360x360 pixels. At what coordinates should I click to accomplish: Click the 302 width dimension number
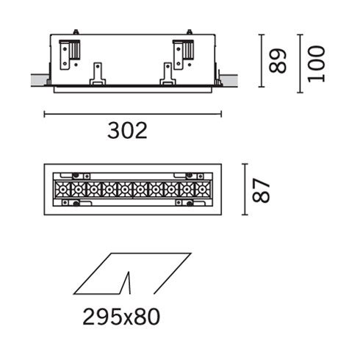pyautogui.click(x=127, y=131)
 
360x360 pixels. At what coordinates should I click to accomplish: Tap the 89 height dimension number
pyautogui.click(x=277, y=62)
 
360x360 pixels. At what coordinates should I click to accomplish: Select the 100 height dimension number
pyautogui.click(x=316, y=62)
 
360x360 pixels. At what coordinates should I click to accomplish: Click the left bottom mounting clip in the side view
pyautogui.click(x=96, y=74)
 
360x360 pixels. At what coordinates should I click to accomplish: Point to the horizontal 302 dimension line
pyautogui.click(x=132, y=114)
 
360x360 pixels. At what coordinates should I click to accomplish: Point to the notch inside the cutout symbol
pyautogui.click(x=129, y=283)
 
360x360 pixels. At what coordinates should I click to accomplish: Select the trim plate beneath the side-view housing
pyautogui.click(x=132, y=89)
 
